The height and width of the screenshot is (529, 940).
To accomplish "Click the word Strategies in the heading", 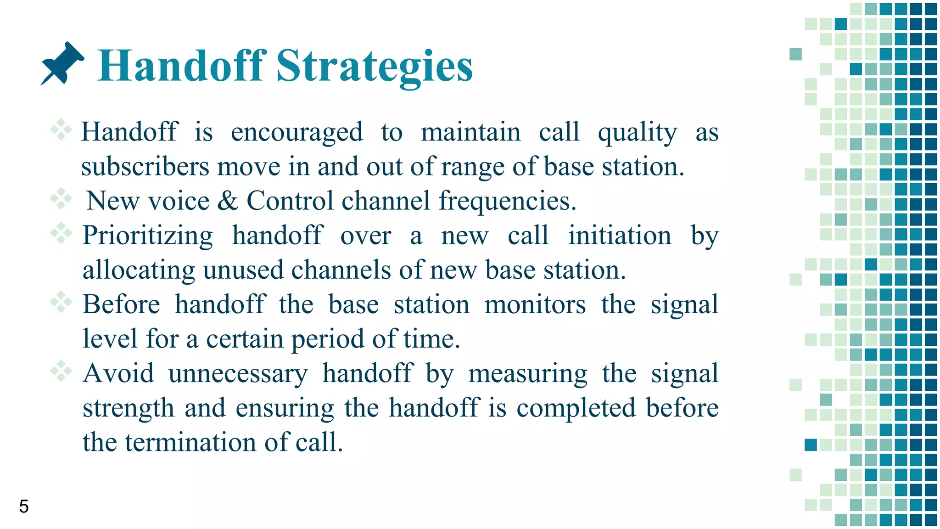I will coord(374,67).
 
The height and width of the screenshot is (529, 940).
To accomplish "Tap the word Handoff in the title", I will coord(182,67).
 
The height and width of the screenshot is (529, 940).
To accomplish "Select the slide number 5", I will coord(24,506).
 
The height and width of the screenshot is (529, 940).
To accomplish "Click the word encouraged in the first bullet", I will coord(297,133).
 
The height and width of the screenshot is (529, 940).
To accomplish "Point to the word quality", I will coord(637,133).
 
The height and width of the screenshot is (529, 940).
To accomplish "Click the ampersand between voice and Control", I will coord(228,201).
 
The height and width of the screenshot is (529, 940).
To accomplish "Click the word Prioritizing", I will coord(148,236).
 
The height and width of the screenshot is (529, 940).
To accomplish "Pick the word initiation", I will coord(620,236).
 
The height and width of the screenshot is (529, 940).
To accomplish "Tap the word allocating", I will coord(139,271).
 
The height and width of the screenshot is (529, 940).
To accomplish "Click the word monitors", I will coord(535,305).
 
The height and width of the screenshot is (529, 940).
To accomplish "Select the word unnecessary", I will coord(238,374).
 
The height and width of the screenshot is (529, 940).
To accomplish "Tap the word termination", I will coord(190,443).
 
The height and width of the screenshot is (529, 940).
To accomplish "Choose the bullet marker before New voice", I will coord(61,199).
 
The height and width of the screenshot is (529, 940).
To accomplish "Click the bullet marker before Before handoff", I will coord(61,302).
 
